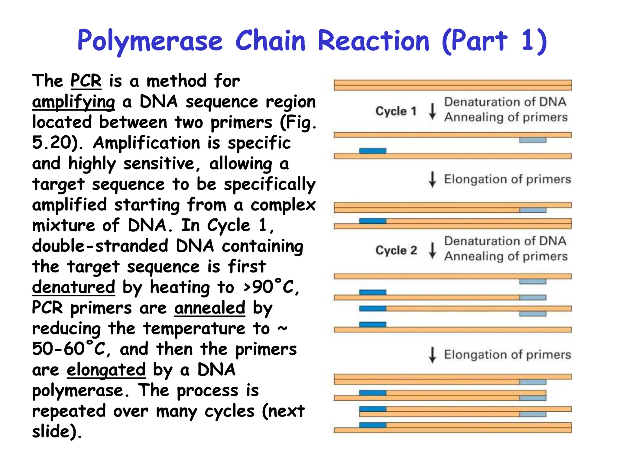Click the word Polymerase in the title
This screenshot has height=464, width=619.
pos(150,41)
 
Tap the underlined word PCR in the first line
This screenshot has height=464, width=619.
pos(86,81)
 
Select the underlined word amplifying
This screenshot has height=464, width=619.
pos(73,102)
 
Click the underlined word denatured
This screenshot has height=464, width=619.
pos(73,287)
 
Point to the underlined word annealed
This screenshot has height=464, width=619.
pos(210,308)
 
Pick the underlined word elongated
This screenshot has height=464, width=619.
pos(106,370)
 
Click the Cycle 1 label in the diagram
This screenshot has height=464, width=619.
pos(396,111)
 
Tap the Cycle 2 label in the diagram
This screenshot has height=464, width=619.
pos(396,250)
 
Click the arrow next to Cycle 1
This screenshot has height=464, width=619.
pos(433,111)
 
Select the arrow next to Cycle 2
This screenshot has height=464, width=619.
pos(433,250)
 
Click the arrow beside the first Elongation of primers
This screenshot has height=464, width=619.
pos(433,179)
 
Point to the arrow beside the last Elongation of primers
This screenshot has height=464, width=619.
pos(433,355)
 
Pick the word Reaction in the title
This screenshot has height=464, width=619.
pos(373,41)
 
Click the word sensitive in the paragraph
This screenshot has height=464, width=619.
pos(159,164)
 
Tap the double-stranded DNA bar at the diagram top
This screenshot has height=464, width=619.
pos(452,85)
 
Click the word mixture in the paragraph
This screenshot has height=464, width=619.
pos(63,225)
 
